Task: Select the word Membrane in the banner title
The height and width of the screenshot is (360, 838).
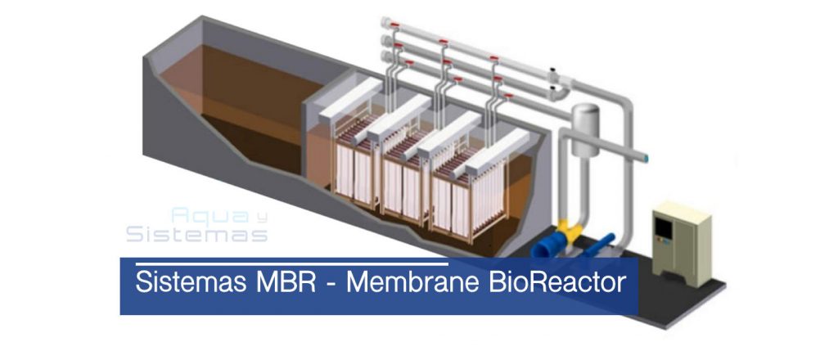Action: [412, 282]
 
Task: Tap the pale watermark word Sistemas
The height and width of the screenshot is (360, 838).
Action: [196, 234]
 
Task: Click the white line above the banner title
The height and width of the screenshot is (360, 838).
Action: [292, 263]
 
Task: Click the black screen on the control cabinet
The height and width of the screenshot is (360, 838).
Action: [663, 227]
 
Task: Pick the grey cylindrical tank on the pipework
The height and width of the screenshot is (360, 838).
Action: [585, 130]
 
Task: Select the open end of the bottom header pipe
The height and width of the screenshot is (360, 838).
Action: [385, 56]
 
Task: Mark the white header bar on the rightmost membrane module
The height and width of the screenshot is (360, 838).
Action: [497, 151]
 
